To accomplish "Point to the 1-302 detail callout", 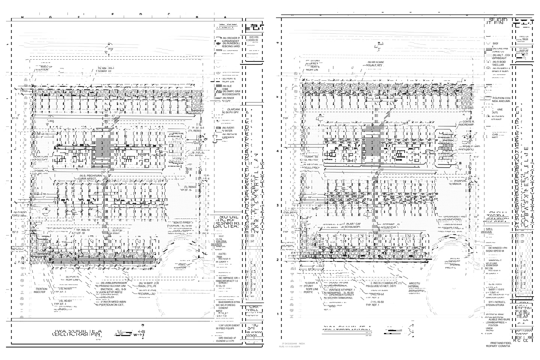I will pyautogui.click(x=50, y=121).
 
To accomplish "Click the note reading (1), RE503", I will pyautogui.click(x=190, y=186).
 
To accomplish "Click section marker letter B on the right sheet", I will pyautogui.click(x=460, y=163).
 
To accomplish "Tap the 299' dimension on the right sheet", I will pyautogui.click(x=382, y=170).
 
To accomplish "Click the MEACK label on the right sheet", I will pyautogui.click(x=456, y=184).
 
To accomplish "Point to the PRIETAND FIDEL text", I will pyautogui.click(x=501, y=343).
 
